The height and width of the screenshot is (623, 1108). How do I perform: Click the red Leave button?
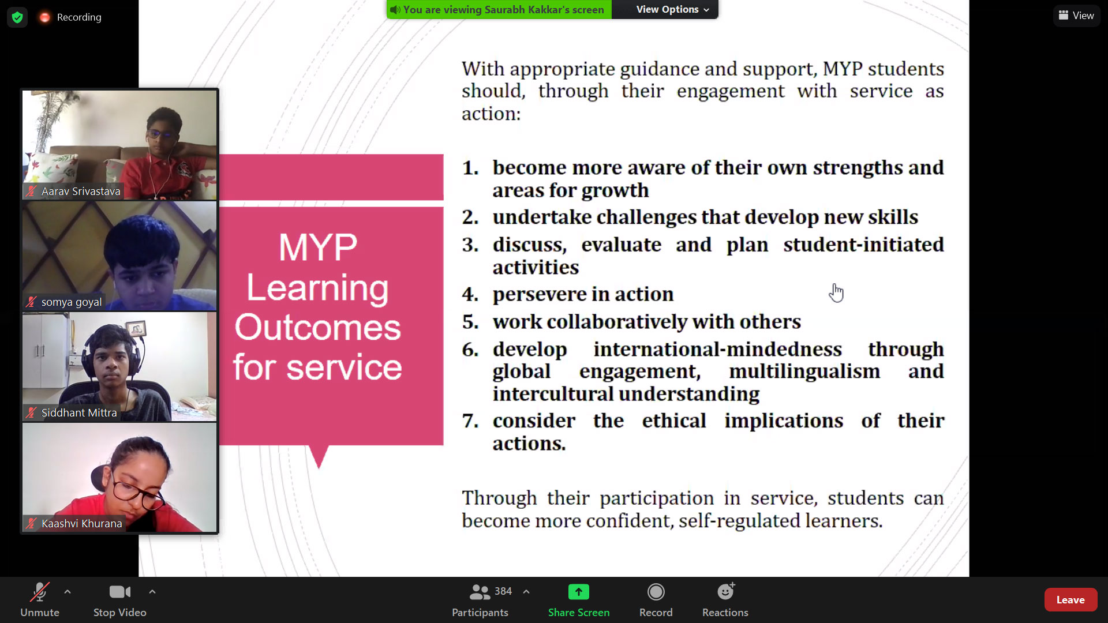tap(1070, 600)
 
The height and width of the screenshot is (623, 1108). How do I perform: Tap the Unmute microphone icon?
tap(40, 592)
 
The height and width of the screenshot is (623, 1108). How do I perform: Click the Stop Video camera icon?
tap(120, 592)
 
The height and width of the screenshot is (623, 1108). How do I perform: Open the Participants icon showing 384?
tap(480, 592)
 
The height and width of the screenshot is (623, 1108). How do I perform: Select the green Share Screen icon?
tap(579, 592)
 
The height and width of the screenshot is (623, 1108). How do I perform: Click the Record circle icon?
tap(656, 592)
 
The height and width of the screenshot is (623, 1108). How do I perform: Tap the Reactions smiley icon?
tap(725, 591)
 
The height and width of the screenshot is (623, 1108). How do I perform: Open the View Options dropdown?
tap(672, 9)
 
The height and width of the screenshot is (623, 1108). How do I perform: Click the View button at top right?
tap(1077, 16)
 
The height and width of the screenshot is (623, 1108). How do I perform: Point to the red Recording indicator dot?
tap(44, 17)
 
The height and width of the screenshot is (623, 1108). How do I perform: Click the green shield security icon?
tap(17, 17)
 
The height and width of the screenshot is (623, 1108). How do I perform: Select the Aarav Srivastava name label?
tap(81, 192)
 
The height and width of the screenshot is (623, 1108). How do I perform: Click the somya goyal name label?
tap(72, 302)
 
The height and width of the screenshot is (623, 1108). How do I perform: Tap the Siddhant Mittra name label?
tap(79, 412)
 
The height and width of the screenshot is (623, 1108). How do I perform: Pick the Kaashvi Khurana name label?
tap(82, 523)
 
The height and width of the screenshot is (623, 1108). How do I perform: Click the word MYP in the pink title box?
tap(318, 247)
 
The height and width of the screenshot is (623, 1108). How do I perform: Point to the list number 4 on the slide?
tap(470, 294)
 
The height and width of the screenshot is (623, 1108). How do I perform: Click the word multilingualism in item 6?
tap(804, 371)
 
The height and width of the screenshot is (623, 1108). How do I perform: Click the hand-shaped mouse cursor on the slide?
tap(836, 292)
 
